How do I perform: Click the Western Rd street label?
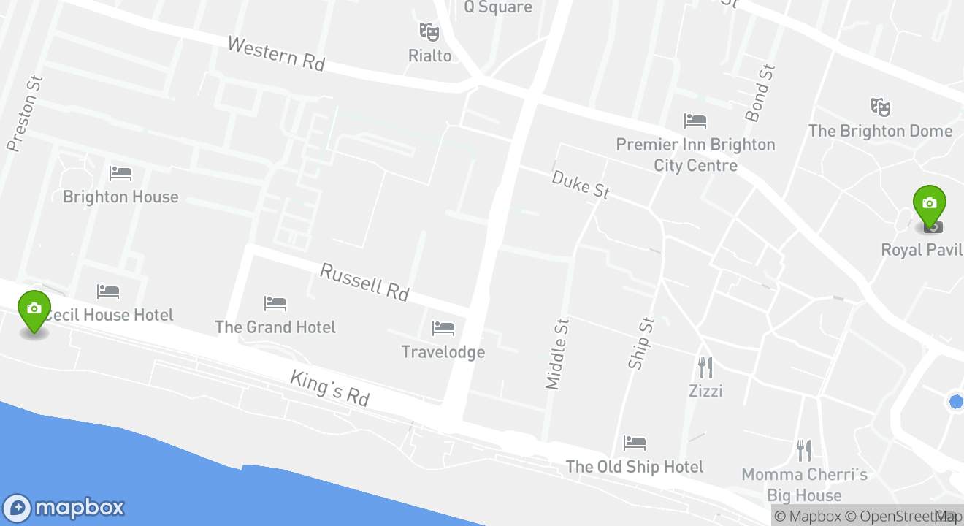(275, 53)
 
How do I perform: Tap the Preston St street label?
(24, 113)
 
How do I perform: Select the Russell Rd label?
(364, 282)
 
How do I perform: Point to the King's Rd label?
(330, 388)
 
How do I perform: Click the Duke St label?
(581, 184)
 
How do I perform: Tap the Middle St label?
(557, 354)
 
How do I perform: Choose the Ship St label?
(642, 343)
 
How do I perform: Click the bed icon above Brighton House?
(120, 174)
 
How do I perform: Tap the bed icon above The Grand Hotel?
(275, 303)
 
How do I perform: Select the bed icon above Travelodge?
(443, 329)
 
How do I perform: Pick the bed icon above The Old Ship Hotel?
(635, 443)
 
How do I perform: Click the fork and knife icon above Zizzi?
(705, 367)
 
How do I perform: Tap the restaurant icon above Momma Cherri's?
(804, 450)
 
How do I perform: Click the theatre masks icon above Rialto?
(429, 31)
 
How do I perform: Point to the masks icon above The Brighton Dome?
(880, 107)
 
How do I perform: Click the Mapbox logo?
(64, 508)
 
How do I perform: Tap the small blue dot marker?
(956, 401)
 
